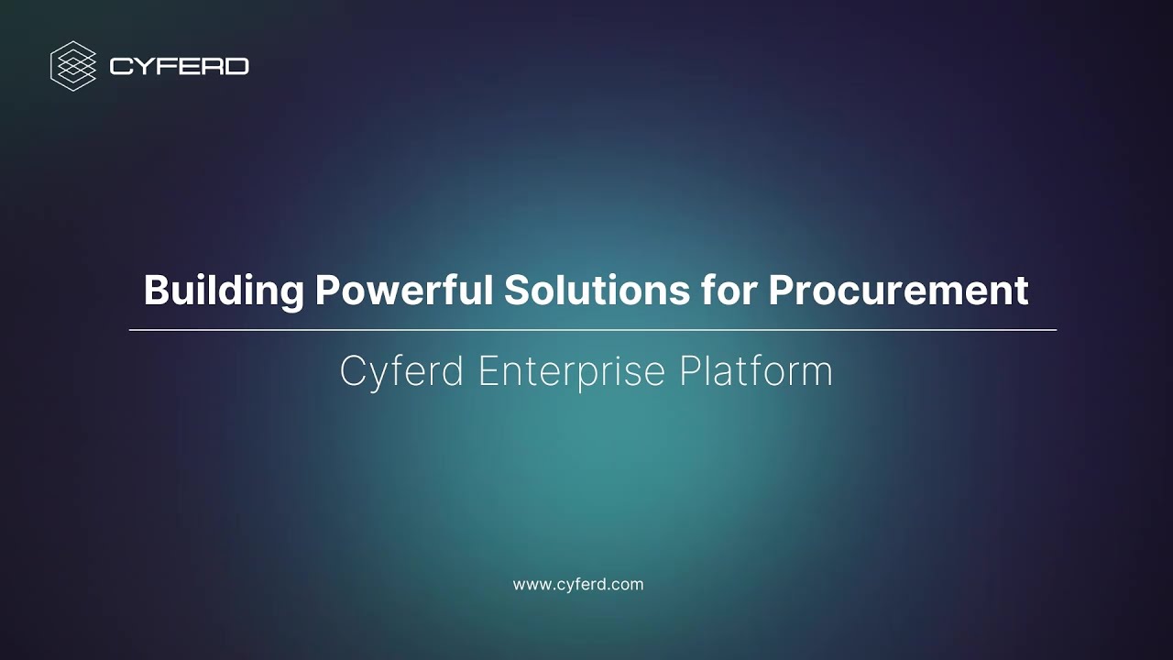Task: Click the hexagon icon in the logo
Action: (x=73, y=66)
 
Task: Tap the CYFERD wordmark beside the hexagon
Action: (x=179, y=66)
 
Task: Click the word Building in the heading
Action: (x=224, y=291)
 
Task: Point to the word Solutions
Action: (x=597, y=291)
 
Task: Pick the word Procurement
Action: (x=898, y=291)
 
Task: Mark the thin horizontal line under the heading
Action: (x=592, y=329)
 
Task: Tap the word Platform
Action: (x=756, y=371)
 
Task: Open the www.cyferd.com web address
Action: (x=577, y=584)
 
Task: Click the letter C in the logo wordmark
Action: (x=119, y=66)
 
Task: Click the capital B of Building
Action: (x=155, y=291)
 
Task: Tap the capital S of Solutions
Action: (x=516, y=291)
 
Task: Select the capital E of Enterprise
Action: (x=488, y=371)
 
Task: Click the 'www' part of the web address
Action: (x=531, y=585)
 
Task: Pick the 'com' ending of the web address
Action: (x=630, y=585)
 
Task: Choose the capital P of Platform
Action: (x=689, y=371)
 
